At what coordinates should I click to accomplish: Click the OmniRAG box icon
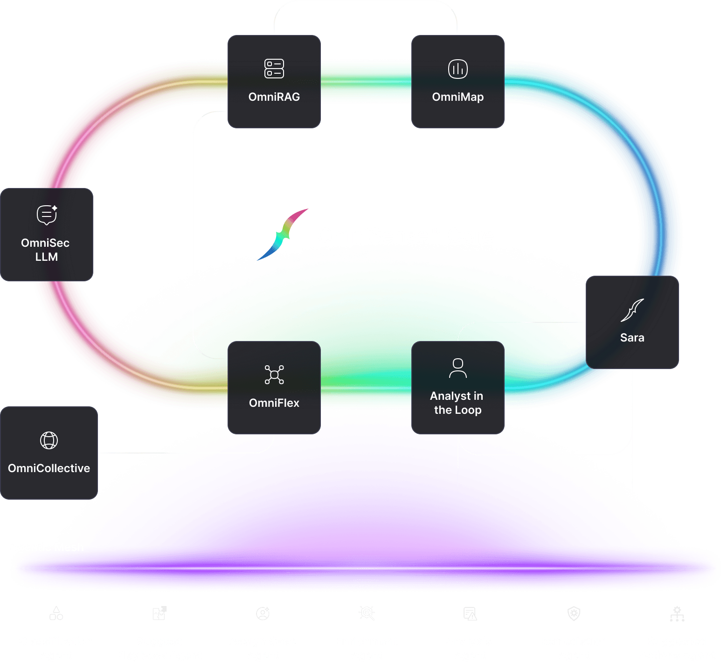(274, 69)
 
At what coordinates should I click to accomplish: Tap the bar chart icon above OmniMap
(458, 69)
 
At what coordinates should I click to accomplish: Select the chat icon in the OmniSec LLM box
(47, 215)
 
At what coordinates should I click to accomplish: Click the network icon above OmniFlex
(274, 375)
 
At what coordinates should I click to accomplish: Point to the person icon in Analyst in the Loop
(458, 368)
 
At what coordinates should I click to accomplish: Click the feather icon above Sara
(632, 310)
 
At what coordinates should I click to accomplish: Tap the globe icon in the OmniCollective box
(49, 440)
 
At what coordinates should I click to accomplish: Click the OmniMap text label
(458, 97)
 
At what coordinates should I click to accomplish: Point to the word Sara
(632, 338)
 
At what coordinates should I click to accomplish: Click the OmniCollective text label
(49, 468)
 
